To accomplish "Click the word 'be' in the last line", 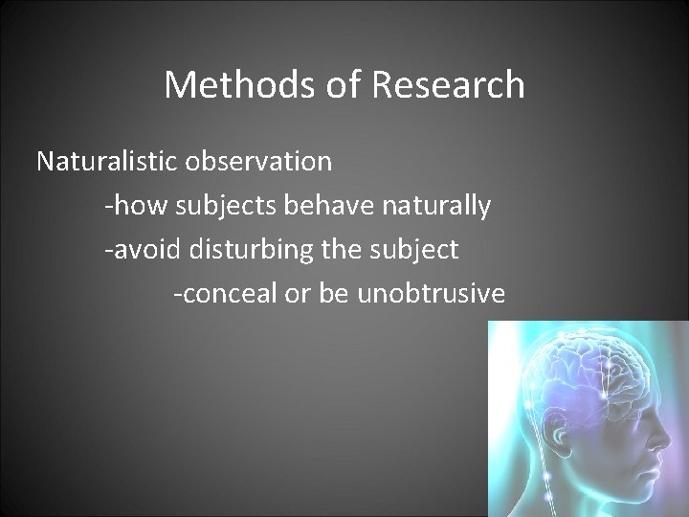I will point(336,295).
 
